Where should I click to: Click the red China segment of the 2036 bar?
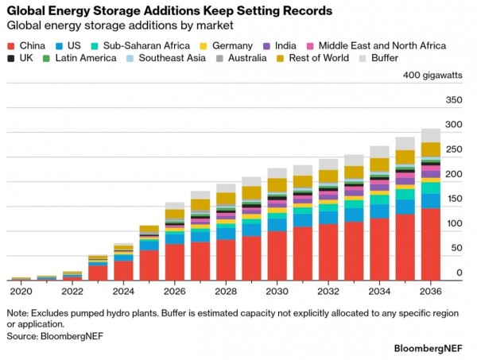pos(430,244)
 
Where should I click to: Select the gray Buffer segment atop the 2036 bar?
pos(430,135)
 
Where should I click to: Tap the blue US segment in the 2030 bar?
pos(277,225)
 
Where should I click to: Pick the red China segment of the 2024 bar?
pos(123,271)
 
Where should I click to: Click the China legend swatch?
pos(11,46)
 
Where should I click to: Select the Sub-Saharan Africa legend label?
pos(146,45)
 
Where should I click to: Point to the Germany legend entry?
pos(226,45)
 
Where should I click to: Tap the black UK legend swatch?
pos(11,58)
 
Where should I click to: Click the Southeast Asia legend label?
pos(173,58)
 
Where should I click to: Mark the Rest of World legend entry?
pos(312,58)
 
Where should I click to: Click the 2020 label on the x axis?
pos(21,292)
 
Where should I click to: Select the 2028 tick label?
pos(226,292)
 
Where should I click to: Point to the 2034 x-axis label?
pos(379,292)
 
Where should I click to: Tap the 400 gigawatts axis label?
pos(432,75)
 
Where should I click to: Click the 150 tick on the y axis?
pos(455,199)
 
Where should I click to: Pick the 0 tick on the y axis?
pos(460,273)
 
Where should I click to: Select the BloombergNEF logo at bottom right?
pos(429,348)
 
